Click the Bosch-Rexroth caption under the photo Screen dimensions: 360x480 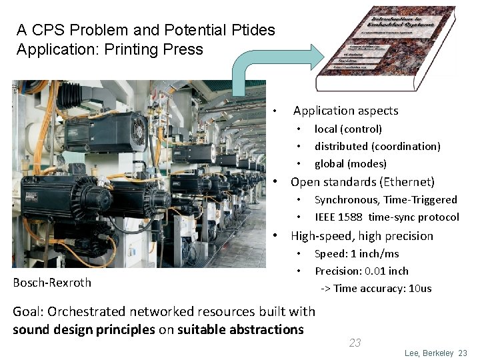[52, 282]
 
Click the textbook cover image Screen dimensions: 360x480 [386, 47]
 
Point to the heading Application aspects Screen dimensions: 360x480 [345, 111]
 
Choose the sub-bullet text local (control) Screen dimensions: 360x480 [348, 129]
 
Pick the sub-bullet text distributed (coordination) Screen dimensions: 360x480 [377, 146]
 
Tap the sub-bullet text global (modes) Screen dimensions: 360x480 [351, 163]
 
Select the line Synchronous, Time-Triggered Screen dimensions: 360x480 [385, 199]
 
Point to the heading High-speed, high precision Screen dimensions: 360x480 [362, 236]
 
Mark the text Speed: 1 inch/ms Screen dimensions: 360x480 [357, 253]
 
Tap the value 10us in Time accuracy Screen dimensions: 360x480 [419, 288]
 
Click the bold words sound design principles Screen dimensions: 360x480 [84, 329]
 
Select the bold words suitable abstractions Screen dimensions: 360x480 [241, 329]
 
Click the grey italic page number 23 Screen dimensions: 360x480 [355, 343]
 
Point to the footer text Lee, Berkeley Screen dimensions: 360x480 [429, 353]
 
